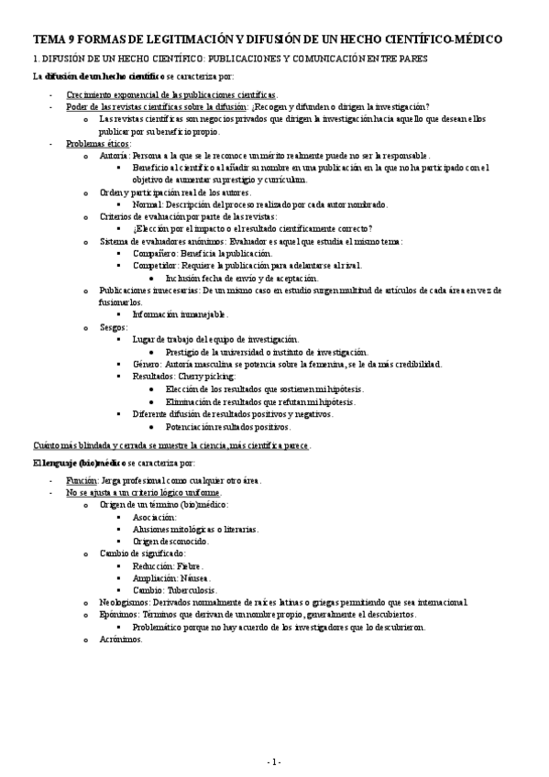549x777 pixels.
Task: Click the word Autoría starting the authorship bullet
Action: tap(114, 156)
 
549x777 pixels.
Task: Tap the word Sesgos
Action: tap(113, 326)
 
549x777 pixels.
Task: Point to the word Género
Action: tap(148, 364)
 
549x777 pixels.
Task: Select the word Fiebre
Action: tap(190, 566)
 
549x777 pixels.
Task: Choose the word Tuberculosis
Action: tap(194, 590)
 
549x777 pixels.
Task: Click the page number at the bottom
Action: tap(274, 761)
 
